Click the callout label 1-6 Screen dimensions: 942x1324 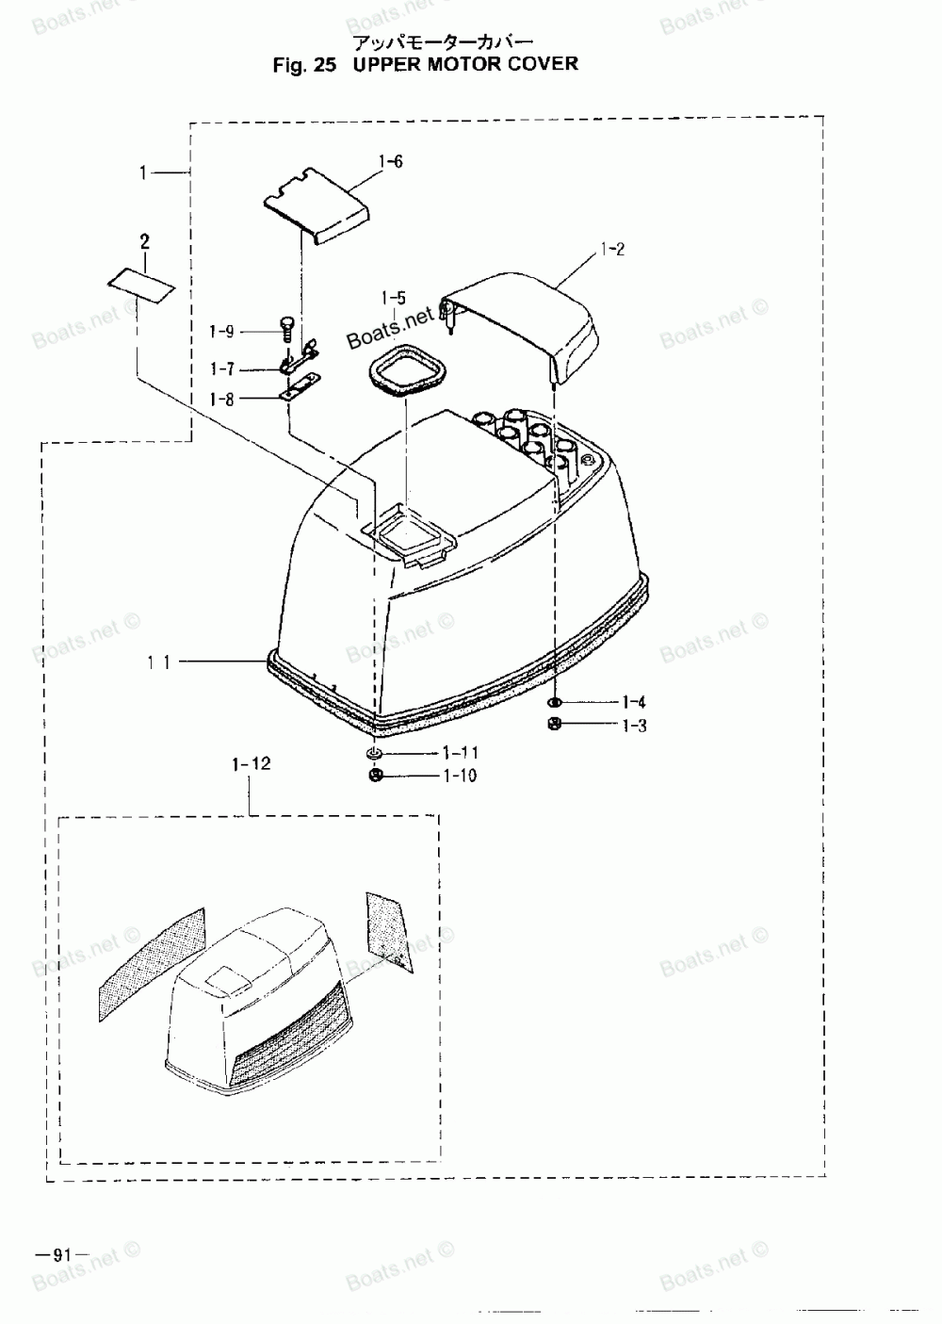click(391, 163)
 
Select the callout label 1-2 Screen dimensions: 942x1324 click(612, 250)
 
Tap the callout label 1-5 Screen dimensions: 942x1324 click(394, 300)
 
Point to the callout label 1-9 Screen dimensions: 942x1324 click(221, 332)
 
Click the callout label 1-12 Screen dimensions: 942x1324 click(251, 764)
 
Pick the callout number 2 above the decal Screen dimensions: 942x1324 click(144, 242)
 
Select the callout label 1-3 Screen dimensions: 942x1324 click(634, 726)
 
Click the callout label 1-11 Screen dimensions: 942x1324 click(461, 753)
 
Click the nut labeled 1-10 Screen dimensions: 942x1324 click(375, 775)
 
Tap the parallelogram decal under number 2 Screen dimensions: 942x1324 click(141, 284)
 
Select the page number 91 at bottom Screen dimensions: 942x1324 click(61, 1254)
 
